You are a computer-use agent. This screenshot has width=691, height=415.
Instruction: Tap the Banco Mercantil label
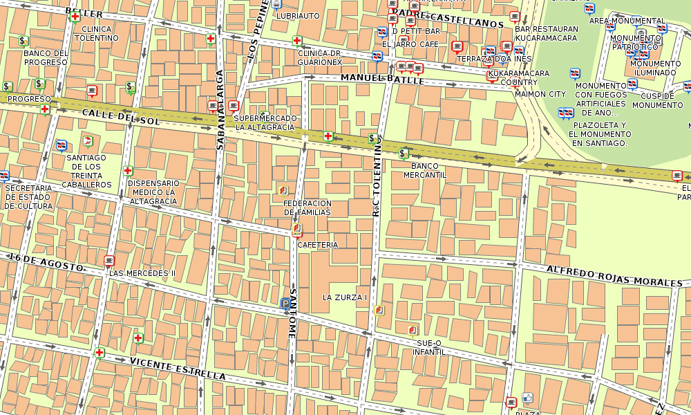425,171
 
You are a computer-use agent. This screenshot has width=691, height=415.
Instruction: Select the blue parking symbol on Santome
286,303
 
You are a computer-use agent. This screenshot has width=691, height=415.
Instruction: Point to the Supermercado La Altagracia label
265,122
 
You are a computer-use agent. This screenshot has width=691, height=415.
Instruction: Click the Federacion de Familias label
307,207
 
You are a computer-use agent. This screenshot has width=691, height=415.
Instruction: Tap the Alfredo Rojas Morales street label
614,276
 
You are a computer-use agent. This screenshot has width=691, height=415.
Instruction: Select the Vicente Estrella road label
178,369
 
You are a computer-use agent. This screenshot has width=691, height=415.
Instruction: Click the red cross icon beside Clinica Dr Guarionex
298,41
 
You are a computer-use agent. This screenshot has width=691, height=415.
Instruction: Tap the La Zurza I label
344,297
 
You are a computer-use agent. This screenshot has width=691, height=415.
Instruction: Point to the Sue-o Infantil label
428,347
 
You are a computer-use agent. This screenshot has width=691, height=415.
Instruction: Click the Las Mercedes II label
142,273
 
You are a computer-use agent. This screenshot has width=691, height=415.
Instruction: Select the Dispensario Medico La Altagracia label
153,192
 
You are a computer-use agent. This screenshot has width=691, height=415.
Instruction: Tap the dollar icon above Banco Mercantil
404,154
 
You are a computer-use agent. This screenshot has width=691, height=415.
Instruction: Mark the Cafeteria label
317,245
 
